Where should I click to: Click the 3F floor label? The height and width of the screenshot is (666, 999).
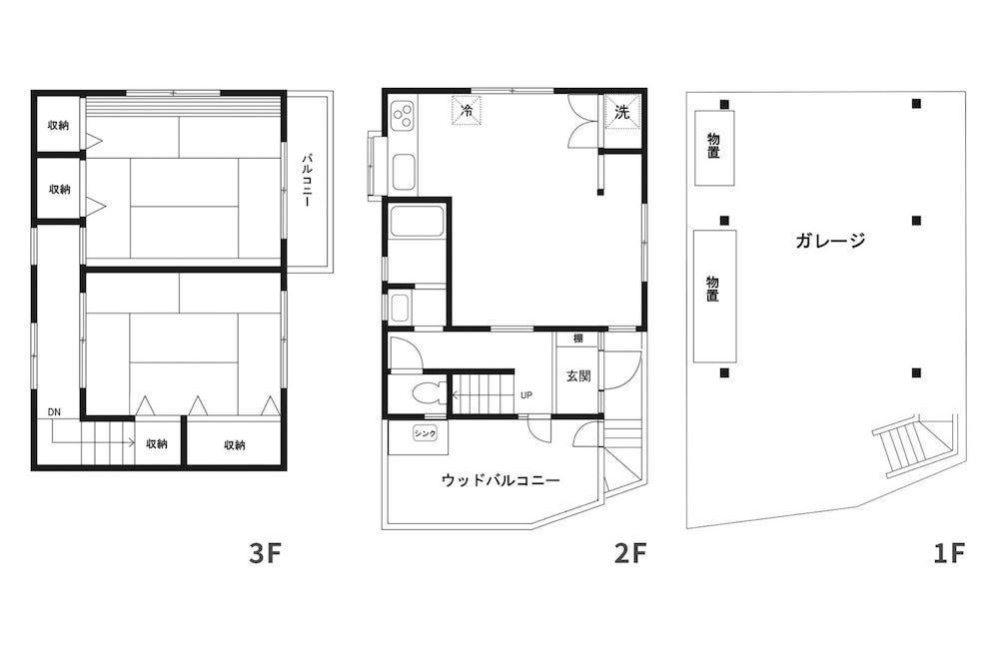point(265,553)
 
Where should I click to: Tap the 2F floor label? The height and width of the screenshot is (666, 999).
point(630,553)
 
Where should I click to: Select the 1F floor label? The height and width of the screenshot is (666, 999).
point(949,553)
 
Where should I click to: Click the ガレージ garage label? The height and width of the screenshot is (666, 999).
point(830,240)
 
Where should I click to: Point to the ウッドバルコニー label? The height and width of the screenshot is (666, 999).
point(500,480)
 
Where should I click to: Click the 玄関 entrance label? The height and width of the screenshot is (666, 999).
point(578,375)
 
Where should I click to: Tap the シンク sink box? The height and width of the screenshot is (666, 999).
point(425,433)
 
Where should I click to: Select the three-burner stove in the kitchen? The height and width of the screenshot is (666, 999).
point(404,116)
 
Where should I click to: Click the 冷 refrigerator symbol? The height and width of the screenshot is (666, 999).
point(467,110)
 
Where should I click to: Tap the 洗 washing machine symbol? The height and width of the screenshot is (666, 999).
point(622,112)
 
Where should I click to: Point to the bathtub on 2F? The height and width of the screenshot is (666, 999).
point(417,221)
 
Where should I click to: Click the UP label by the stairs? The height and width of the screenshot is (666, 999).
point(526,395)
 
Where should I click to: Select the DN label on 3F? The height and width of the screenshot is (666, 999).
point(54,412)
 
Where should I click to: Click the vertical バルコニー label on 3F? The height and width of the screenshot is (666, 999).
point(307,180)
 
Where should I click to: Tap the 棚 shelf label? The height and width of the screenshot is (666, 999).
point(577,338)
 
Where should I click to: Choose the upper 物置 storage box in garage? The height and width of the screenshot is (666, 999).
point(714,148)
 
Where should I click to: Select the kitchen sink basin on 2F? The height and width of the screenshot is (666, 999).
point(404,172)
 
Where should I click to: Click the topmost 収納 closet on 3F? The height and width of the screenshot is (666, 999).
point(58,125)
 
